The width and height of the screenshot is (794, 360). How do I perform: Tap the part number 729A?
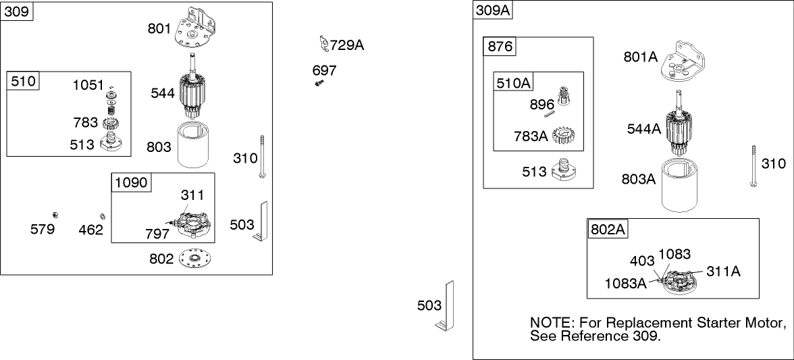click(x=347, y=45)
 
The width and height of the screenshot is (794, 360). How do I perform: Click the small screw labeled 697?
click(x=319, y=82)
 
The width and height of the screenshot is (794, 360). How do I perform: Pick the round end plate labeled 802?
click(x=196, y=259)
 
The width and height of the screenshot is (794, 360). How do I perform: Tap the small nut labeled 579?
click(x=57, y=214)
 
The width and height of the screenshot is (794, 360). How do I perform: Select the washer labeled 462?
click(x=102, y=215)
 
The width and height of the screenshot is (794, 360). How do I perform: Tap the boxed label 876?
click(x=500, y=47)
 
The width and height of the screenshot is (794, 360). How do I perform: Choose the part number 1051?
click(x=88, y=85)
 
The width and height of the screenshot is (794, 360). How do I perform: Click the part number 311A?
click(x=723, y=271)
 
